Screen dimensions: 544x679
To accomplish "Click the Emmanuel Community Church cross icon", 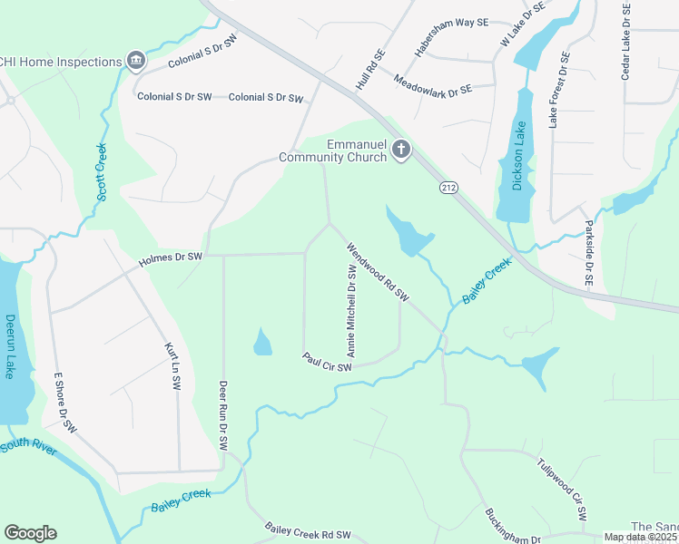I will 401,151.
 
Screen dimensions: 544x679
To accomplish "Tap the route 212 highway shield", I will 452,188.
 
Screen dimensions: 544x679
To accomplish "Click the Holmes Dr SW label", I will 170,260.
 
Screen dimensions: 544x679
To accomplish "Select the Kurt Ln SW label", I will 172,366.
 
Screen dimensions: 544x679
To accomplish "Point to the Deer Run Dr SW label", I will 222,416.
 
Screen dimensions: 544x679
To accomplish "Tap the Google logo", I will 30,533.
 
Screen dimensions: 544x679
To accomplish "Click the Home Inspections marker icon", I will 136,61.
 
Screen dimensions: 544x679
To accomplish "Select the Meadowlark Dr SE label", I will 433,85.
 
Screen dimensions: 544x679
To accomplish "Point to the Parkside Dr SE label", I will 587,253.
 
